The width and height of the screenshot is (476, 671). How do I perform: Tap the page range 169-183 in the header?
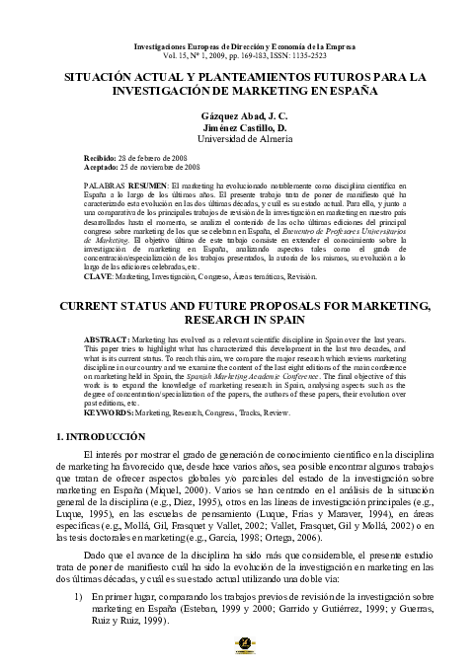223,54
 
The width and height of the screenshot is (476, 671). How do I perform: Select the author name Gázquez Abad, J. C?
238,116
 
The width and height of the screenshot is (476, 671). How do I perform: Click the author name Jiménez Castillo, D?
238,127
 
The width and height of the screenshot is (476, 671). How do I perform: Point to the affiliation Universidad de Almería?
238,139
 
